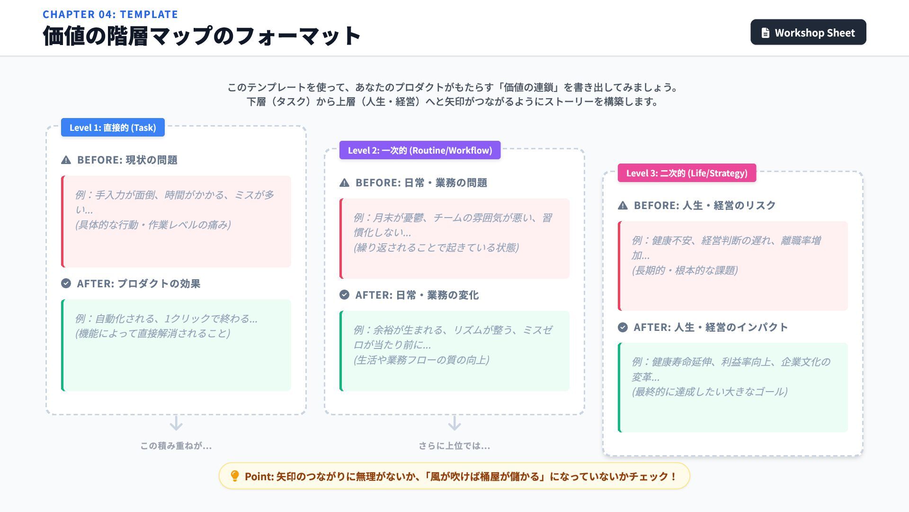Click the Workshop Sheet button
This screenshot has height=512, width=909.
coord(808,32)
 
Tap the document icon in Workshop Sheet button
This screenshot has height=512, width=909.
coord(765,33)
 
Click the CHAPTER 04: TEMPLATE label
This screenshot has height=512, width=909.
coord(110,14)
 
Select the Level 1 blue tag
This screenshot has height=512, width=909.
coord(113,128)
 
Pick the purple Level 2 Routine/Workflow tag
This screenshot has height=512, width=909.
coord(419,150)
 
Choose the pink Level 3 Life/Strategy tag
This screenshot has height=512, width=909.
coord(686,173)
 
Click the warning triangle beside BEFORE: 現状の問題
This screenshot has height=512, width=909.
coord(66,160)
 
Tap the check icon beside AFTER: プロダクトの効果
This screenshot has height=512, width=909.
coord(66,283)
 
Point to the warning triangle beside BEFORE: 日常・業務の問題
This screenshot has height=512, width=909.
coord(345,183)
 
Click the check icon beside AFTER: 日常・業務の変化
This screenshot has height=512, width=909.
coord(345,295)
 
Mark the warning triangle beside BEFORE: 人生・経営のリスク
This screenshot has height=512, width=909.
coord(623,206)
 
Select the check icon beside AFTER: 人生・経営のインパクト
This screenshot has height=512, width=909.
coord(623,327)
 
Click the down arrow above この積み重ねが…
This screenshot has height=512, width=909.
coord(176,423)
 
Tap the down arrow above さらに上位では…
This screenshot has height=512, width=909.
coord(454,423)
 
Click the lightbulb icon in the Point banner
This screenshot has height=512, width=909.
coord(235,476)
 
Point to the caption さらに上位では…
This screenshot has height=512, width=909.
coord(454,446)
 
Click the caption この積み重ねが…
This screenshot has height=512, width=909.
coord(176,446)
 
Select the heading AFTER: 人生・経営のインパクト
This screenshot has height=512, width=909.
coord(711,327)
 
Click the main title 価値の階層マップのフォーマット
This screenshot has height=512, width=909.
coord(202,36)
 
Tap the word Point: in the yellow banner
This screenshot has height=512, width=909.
coord(259,476)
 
